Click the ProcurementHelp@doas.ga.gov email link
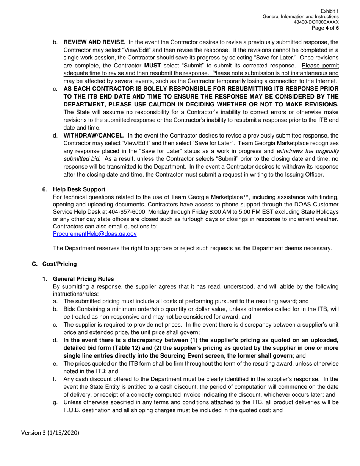pos(95,234)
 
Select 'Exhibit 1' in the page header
pos(330,12)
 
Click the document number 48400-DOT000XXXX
pos(316,22)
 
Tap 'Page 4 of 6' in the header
pos(325,28)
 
